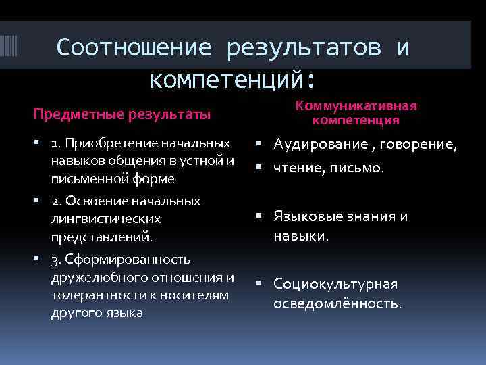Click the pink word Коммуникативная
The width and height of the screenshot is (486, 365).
[x=356, y=106]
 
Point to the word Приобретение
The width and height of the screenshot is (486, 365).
[x=106, y=143]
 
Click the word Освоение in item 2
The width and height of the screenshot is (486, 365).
[x=100, y=201]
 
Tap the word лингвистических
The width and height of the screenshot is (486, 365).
[x=106, y=219]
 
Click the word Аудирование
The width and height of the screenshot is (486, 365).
[x=317, y=144]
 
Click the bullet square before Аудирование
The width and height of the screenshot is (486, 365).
[x=260, y=144]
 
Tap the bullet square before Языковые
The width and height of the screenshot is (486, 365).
[x=260, y=216]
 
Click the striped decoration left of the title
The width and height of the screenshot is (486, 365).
[x=13, y=49]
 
